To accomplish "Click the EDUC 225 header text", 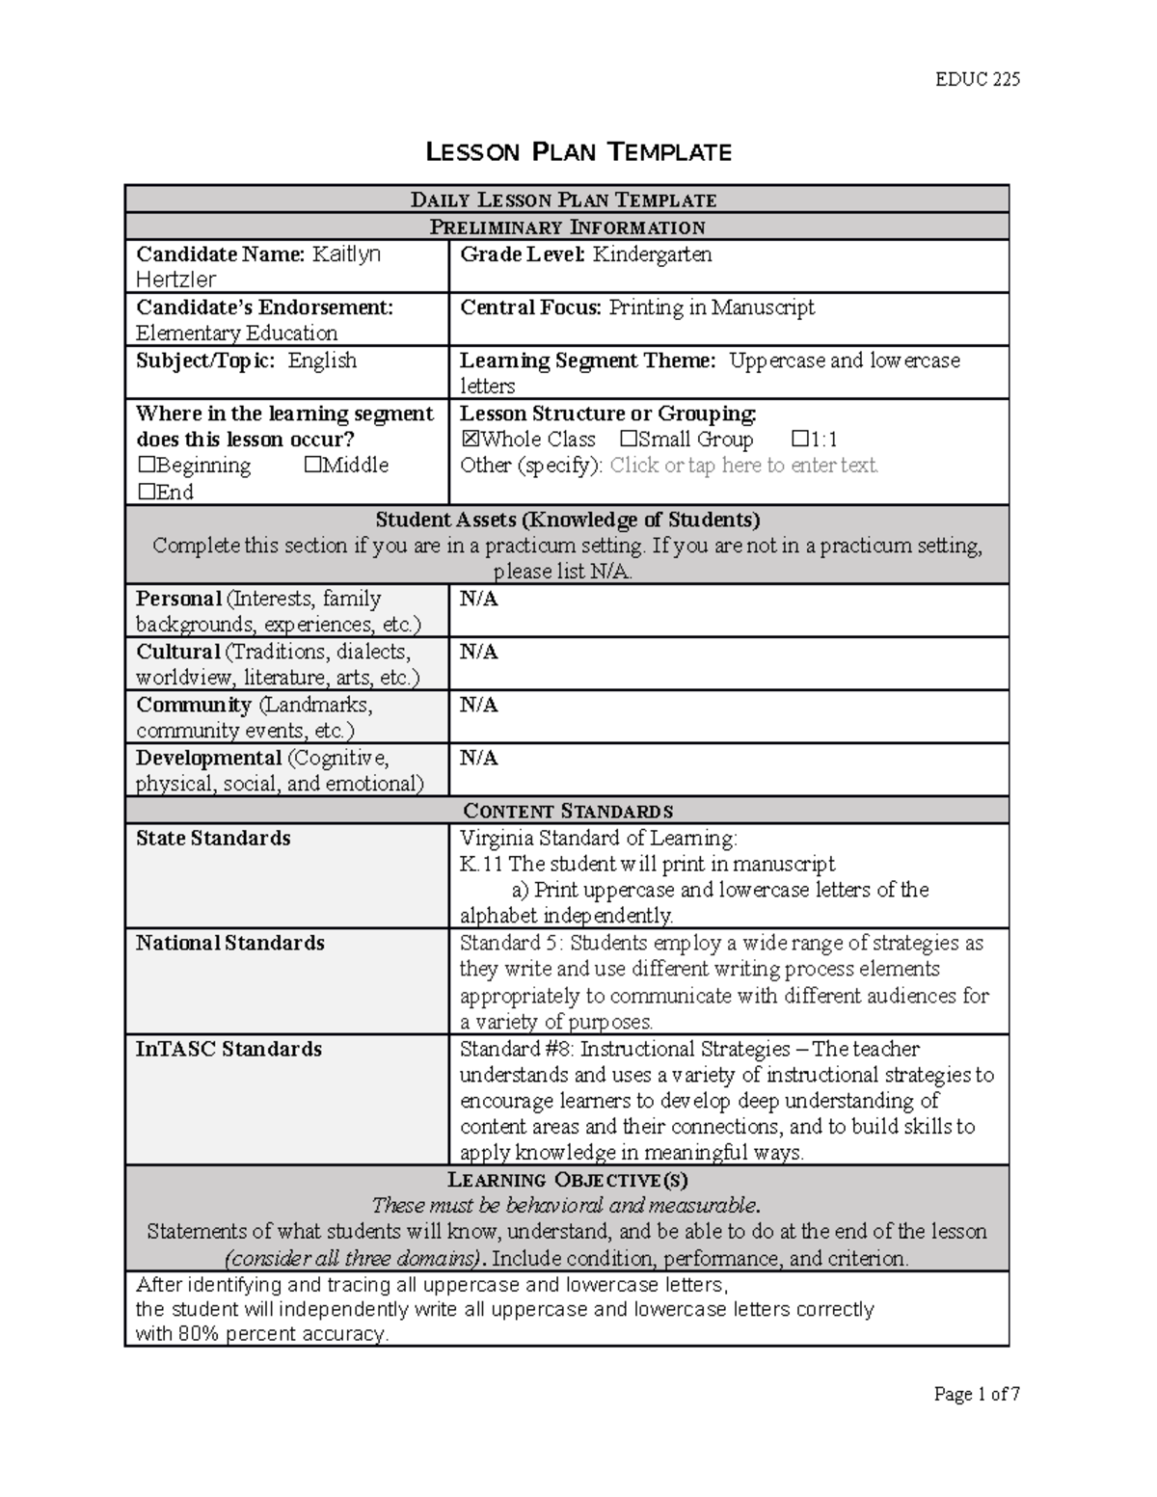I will coord(977,79).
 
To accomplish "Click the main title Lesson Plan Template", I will coord(578,152).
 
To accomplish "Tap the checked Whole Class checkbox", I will coord(470,440).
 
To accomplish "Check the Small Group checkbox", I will coord(629,440).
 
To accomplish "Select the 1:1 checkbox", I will coord(798,440).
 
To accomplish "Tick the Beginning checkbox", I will coord(146,466).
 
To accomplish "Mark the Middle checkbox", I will coord(311,466).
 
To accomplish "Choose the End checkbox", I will coord(146,493).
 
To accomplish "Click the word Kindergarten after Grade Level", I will coord(652,254).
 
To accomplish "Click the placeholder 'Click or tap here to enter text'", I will coord(743,466).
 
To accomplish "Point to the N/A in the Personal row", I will coord(478,599).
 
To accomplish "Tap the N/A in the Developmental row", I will coord(478,758).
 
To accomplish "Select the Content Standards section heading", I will coord(568,811).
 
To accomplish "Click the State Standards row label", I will coord(213,839).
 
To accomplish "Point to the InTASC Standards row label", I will coord(229,1049).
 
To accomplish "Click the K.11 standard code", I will coord(481,864).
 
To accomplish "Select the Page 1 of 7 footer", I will coord(976,1394).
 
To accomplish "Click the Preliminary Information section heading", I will coord(567,227).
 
